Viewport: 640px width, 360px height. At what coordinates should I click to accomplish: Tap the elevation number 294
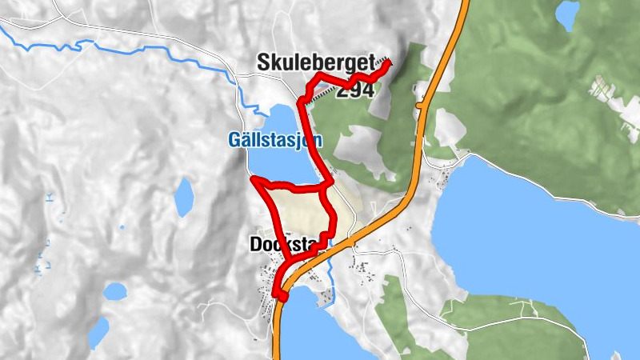(354, 90)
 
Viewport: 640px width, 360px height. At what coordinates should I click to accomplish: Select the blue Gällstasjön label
(274, 140)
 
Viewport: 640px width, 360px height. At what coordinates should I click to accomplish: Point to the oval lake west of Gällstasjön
(184, 197)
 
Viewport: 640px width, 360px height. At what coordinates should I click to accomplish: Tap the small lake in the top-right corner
(567, 14)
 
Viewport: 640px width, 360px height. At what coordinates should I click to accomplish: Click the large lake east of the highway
(528, 240)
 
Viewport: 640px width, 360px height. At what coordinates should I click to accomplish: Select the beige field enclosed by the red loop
(300, 212)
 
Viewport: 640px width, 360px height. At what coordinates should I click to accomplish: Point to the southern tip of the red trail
(282, 298)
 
